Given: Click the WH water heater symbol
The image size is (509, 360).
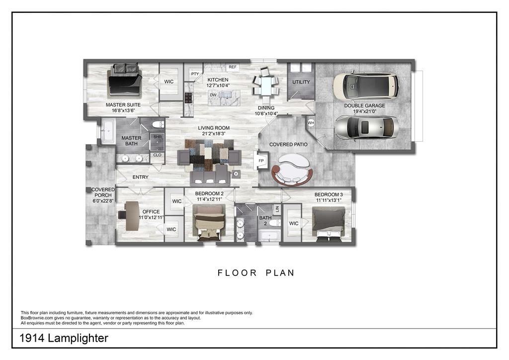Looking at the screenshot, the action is pos(311,123).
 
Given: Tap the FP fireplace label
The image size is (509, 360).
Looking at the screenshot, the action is pos(261,161).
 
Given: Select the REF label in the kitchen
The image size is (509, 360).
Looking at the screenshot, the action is pos(233,67).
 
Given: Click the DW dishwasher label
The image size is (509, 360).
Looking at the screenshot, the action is pos(213,95).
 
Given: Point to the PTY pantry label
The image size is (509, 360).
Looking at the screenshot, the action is pos(195,74).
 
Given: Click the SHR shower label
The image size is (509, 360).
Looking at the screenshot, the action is pos(158,137).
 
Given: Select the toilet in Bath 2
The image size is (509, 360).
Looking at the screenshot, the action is pos(275,223).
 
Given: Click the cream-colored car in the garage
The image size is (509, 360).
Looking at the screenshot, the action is pos(366,86).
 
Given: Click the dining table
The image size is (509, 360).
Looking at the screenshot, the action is pos(266,85).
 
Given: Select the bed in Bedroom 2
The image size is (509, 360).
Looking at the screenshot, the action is pos(209,222).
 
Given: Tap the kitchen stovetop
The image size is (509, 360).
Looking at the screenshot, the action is pos(188,98).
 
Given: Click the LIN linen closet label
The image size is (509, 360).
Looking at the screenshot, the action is pos(277,209).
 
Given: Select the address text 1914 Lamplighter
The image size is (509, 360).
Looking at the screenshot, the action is pos(64,338).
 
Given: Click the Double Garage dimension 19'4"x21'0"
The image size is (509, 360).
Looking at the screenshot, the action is pos(364,111).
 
